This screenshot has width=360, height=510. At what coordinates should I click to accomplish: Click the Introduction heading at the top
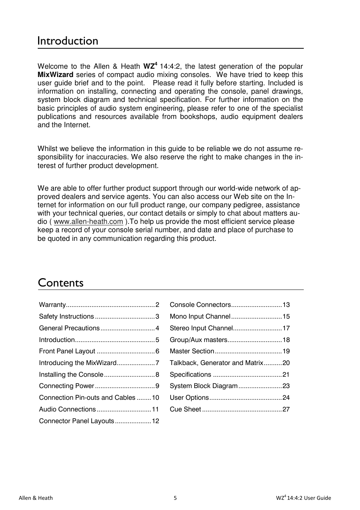click(68, 41)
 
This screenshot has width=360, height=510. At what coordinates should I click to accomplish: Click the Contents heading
click(61, 283)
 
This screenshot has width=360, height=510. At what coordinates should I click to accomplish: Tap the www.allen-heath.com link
click(88, 222)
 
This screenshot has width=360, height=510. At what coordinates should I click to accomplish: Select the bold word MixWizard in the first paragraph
click(55, 75)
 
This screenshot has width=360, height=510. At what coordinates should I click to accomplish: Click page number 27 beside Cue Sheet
click(286, 409)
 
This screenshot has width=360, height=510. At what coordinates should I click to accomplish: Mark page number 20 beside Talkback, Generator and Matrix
click(286, 363)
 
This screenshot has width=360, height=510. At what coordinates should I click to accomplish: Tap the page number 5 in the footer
click(175, 498)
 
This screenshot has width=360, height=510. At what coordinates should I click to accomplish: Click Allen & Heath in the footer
click(36, 498)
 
